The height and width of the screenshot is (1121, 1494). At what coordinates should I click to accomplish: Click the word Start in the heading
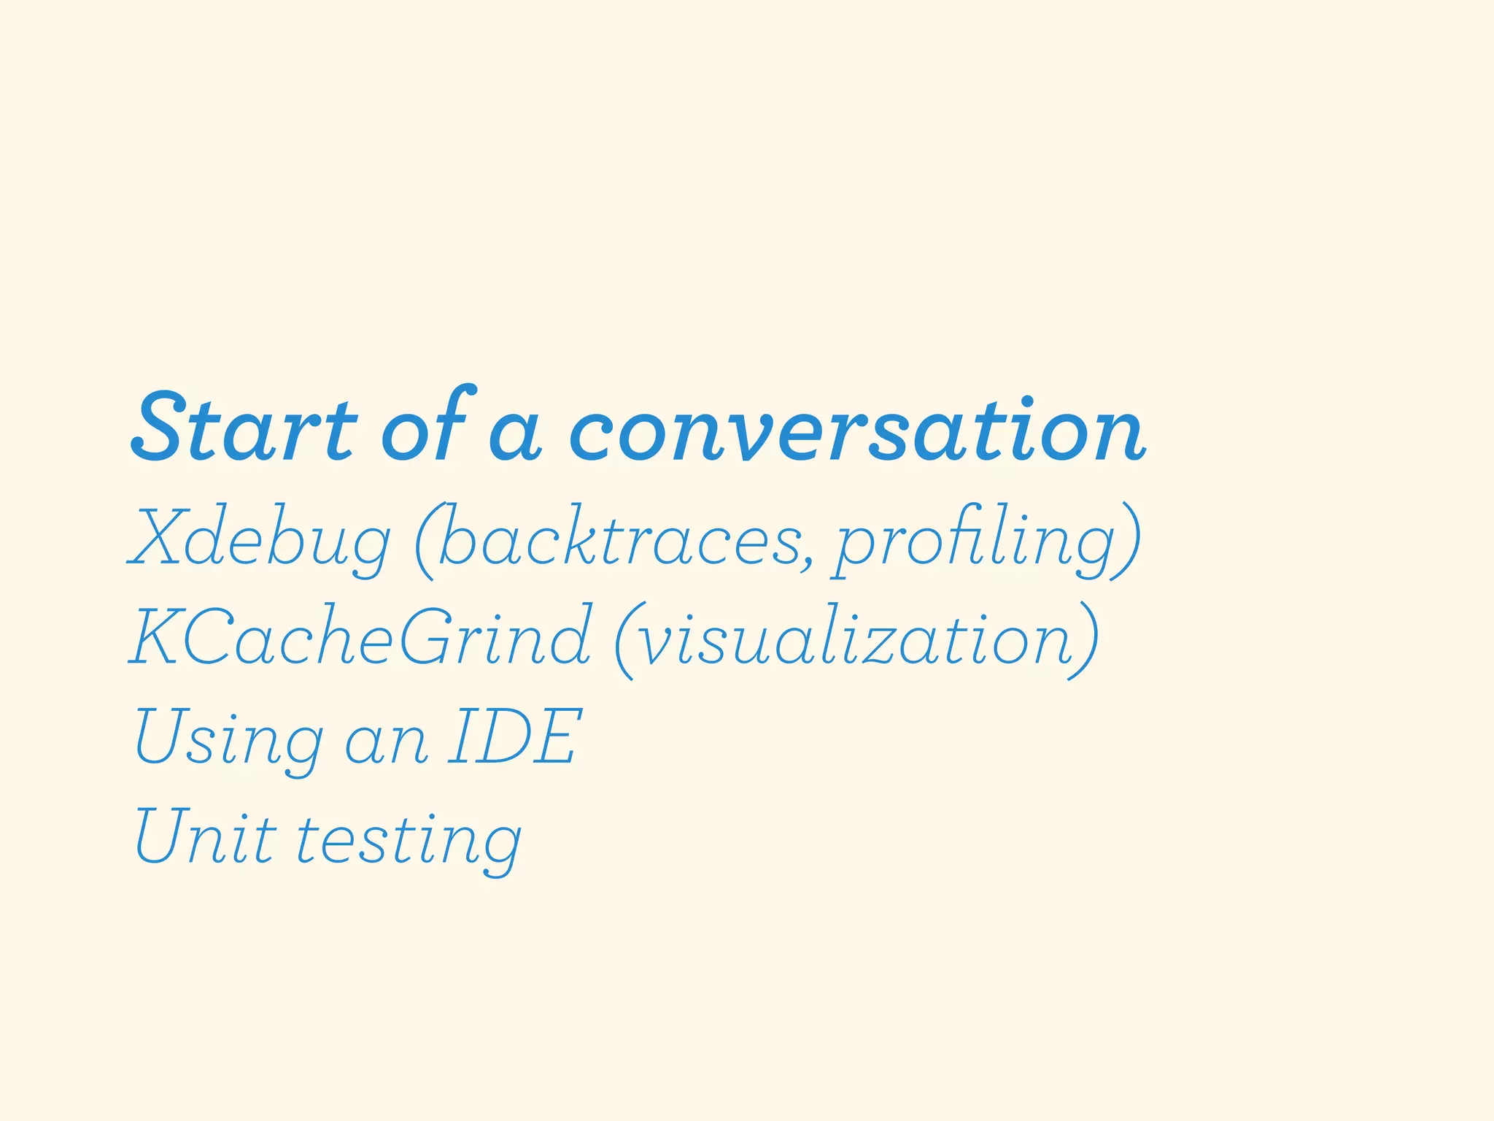244,429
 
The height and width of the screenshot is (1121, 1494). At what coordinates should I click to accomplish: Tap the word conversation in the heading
856,431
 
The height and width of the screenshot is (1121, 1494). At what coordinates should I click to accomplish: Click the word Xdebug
260,539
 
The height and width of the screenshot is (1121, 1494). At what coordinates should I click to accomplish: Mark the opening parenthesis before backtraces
425,540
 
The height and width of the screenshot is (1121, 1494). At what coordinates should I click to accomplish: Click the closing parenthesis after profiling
1126,540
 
